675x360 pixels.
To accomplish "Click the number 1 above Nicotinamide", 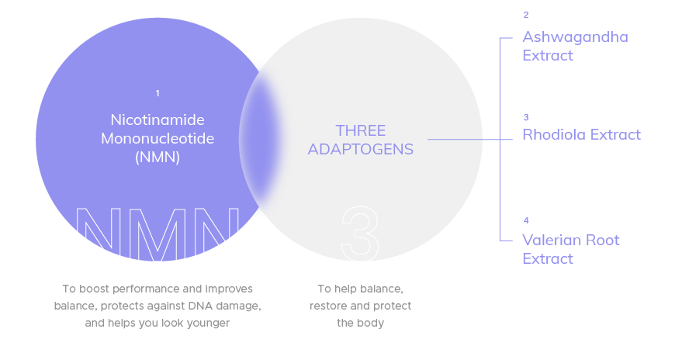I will point(157,94).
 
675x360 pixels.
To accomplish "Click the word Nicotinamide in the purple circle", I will point(157,120).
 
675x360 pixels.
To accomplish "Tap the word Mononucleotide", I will point(157,139).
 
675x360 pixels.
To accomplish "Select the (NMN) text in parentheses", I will point(157,157).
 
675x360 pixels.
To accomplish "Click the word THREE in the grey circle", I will point(360,130).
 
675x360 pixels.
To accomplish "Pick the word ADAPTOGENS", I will point(360,149).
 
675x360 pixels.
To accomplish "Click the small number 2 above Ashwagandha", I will point(526,16).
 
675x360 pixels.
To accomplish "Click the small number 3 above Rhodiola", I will point(526,118).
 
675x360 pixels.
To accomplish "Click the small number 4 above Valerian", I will point(526,221).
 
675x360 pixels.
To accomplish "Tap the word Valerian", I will point(552,241).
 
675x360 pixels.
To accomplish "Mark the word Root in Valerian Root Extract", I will point(603,241).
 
